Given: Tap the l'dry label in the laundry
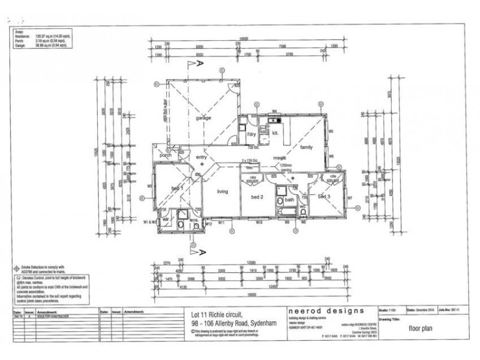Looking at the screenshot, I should coord(252,134).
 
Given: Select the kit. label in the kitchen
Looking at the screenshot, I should coord(274,133).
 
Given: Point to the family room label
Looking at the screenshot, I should coord(306,146).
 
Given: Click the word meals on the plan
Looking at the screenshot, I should coord(279,158).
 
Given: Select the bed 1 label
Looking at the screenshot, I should coord(178,188).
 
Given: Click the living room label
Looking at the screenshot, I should coord(223,191).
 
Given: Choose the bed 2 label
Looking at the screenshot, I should coord(258,197).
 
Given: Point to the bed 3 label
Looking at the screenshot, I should coord(325,196).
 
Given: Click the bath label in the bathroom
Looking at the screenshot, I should coord(290,200).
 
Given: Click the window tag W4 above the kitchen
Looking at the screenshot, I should coord(274,111).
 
